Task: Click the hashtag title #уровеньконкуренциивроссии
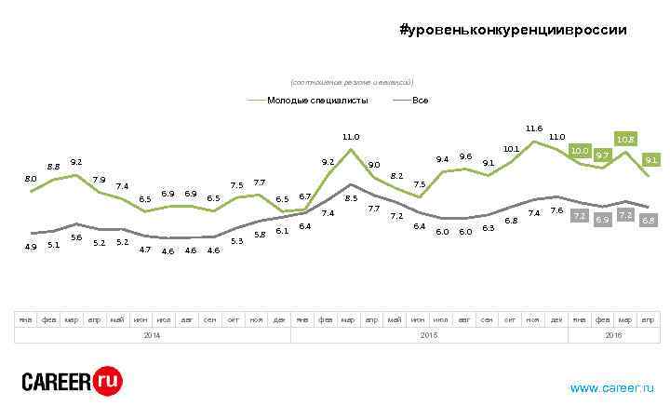pos(513,30)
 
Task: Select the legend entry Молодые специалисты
pos(317,100)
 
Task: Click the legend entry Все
pos(420,100)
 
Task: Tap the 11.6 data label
pos(534,128)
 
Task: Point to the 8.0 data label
pos(31,178)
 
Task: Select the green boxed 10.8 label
pos(625,140)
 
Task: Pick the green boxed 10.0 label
pos(580,150)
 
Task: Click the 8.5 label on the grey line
pos(351,197)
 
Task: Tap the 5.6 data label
pos(76,237)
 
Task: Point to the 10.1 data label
pos(511,148)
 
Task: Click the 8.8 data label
pos(53,167)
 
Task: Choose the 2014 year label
pos(152,334)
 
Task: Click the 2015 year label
pos(429,334)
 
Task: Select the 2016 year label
pos(614,334)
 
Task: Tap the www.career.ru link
pos(611,387)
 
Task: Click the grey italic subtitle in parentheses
pos(352,83)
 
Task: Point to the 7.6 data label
pos(556,211)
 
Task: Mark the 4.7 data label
pos(145,249)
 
